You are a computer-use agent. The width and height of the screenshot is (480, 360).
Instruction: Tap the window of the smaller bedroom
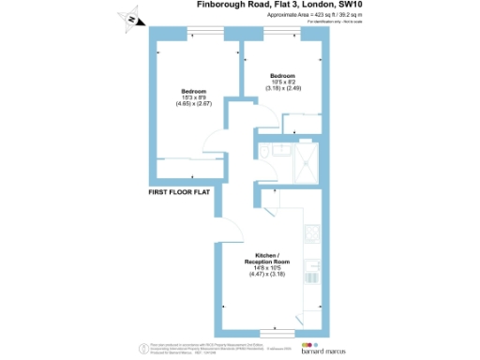click(x=282, y=36)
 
